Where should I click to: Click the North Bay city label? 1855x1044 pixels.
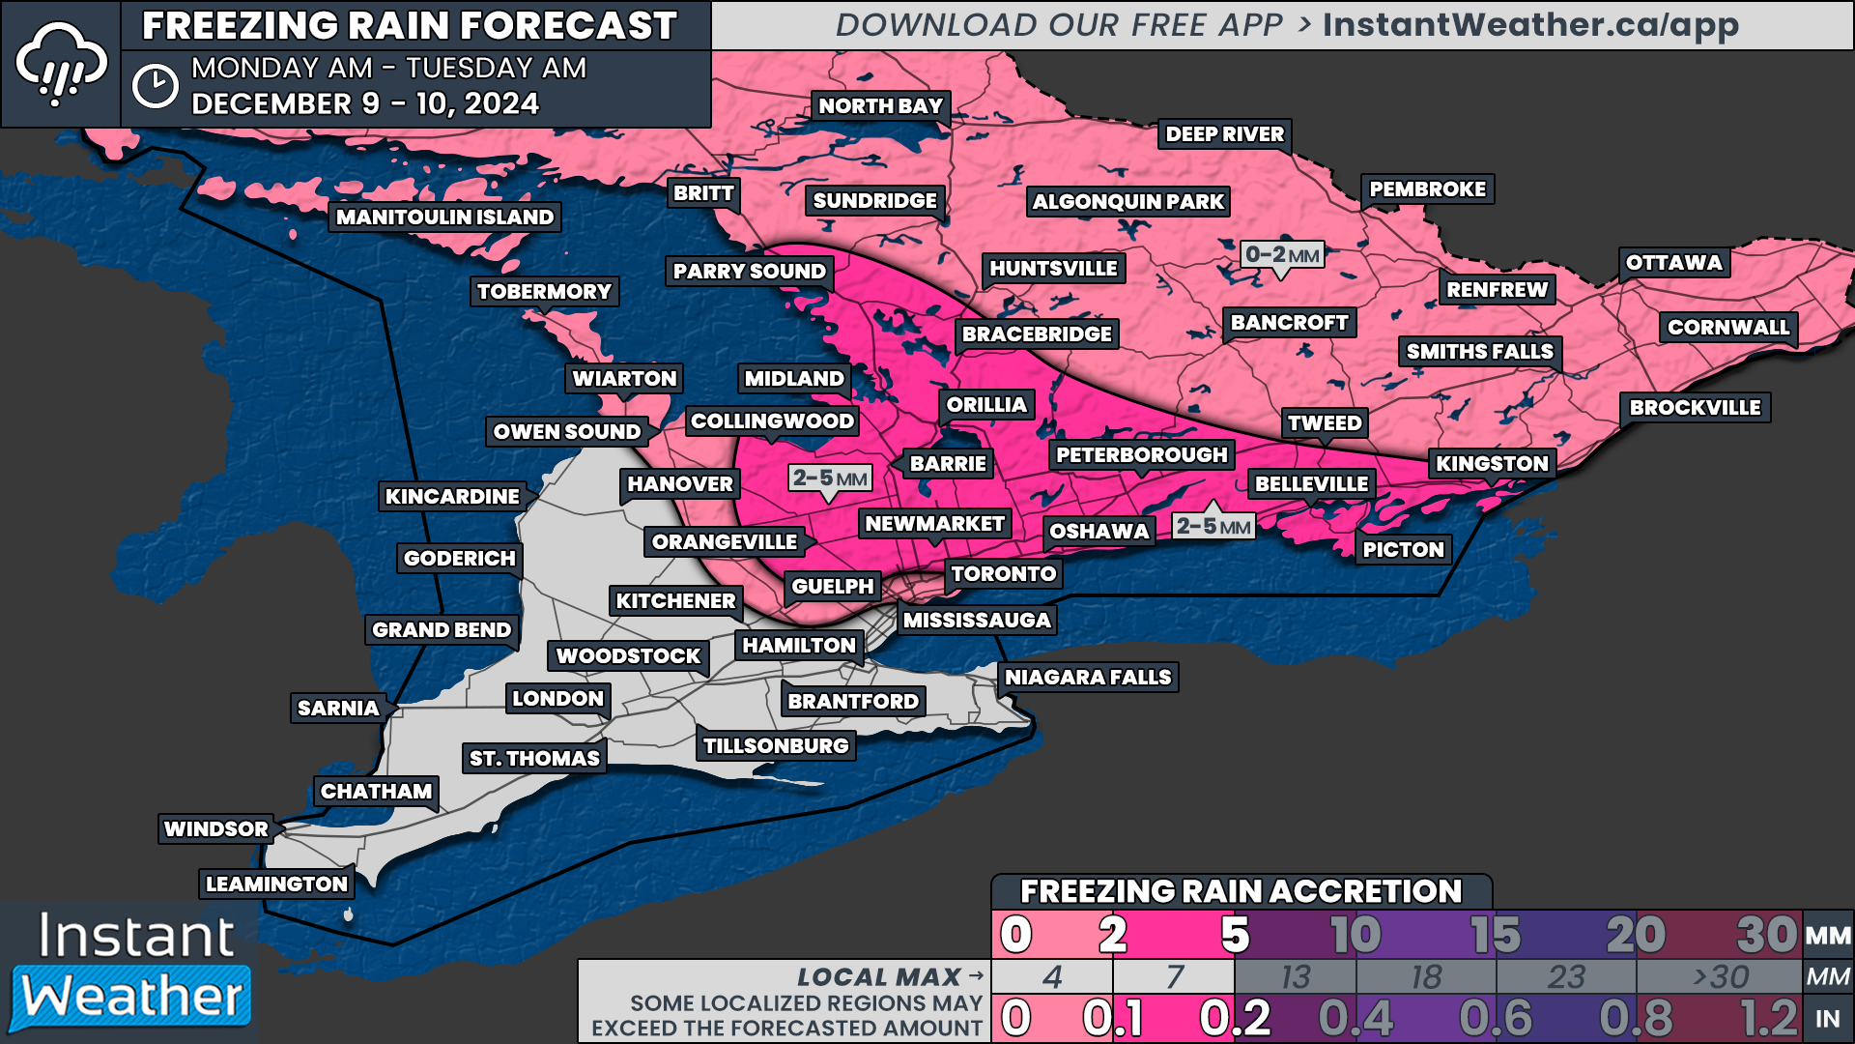880,106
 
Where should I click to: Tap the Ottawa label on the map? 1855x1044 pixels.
1673,263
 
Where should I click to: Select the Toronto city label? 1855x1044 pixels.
1003,574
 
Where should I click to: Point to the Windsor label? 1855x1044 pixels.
216,829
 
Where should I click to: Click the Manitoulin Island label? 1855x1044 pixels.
444,217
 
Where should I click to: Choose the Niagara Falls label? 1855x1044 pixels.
1088,678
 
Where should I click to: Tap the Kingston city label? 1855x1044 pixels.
1492,464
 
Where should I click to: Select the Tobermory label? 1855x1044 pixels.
544,292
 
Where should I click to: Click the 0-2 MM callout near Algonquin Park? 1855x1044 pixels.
1282,255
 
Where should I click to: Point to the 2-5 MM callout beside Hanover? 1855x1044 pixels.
830,478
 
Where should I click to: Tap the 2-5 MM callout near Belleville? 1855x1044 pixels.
1213,527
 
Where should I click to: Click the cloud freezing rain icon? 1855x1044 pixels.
61,64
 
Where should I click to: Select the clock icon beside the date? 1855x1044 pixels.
155,87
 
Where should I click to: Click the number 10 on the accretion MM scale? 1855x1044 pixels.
1355,935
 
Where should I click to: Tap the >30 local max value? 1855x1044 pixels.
1720,977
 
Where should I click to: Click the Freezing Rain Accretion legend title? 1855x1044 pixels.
1241,891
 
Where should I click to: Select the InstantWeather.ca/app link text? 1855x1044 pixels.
1530,25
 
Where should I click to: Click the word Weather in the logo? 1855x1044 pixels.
132,997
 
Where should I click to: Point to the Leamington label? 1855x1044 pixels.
276,884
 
